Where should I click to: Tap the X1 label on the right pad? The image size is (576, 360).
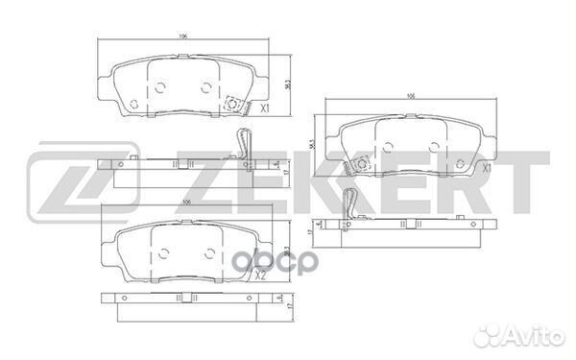tap(488, 168)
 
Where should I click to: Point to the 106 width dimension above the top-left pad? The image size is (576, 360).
tap(182, 36)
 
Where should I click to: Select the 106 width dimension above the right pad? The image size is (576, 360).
tap(410, 97)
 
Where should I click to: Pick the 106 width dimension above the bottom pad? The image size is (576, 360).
tap(187, 202)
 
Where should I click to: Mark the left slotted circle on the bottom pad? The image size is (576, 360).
tap(161, 252)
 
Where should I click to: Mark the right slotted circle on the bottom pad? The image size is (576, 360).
tap(209, 252)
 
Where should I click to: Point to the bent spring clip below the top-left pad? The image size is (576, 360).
tap(241, 145)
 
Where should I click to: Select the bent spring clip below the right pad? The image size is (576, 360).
tap(351, 203)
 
